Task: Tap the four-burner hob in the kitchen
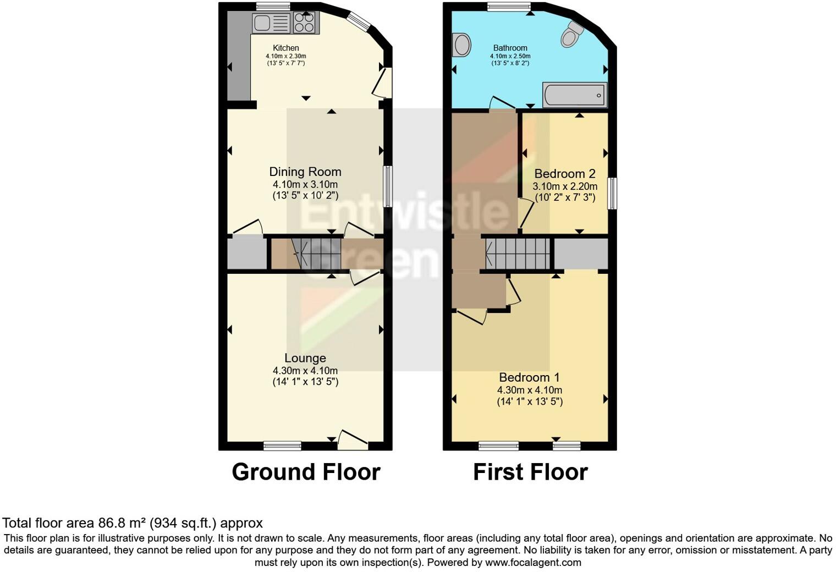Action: [x=304, y=23]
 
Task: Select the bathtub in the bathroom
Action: [x=575, y=95]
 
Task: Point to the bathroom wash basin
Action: [x=461, y=45]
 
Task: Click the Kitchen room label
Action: [x=286, y=48]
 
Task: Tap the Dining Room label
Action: [x=305, y=172]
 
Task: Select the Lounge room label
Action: [x=305, y=358]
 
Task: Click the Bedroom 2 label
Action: [x=565, y=174]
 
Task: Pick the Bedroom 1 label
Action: [x=529, y=377]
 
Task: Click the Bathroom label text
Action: [x=510, y=48]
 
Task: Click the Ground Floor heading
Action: [x=306, y=472]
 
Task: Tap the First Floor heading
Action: [x=530, y=472]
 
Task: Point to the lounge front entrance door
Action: [x=353, y=441]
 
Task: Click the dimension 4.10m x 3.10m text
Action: [x=305, y=185]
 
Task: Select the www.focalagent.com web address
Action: [x=533, y=563]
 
